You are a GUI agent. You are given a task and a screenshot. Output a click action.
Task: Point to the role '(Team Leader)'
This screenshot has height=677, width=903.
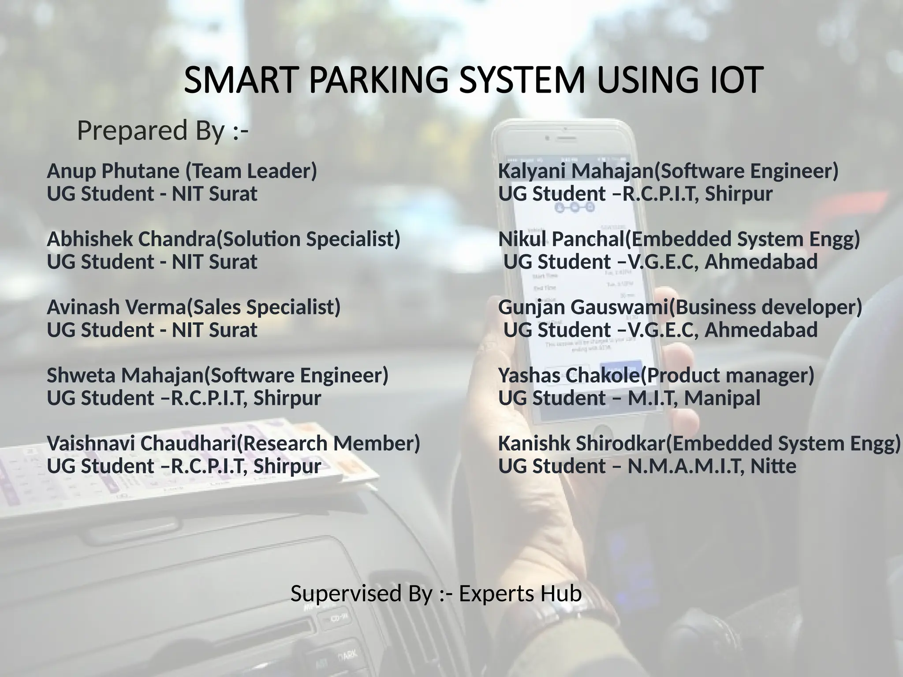(251, 171)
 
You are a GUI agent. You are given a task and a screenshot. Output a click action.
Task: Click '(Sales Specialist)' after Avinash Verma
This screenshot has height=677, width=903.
(264, 307)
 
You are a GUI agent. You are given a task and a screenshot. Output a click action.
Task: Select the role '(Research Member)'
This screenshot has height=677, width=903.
(328, 443)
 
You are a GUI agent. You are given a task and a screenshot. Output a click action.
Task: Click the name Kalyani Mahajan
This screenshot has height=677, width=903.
(575, 171)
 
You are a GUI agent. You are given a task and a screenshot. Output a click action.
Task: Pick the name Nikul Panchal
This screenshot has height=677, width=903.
(561, 239)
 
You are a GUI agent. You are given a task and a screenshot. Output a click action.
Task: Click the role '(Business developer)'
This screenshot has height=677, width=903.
(765, 307)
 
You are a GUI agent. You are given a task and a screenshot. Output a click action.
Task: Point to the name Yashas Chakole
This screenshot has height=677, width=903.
(568, 376)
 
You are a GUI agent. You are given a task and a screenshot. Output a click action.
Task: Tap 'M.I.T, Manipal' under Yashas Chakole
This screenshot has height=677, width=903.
(694, 398)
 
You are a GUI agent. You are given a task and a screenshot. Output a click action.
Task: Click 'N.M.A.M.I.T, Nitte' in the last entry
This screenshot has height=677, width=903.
(712, 466)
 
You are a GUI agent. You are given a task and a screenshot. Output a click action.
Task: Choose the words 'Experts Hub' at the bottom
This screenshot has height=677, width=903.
(520, 594)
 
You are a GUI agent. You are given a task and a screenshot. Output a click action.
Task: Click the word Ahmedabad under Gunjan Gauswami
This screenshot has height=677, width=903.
(761, 330)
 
